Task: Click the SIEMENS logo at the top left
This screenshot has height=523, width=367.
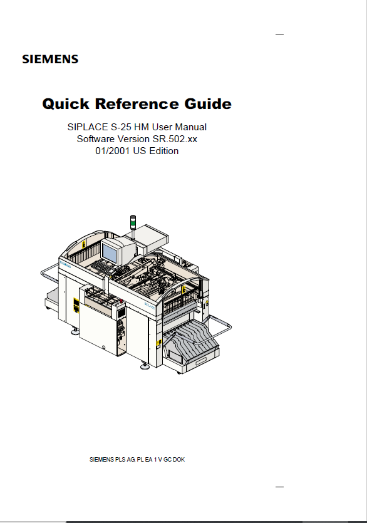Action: click(50, 60)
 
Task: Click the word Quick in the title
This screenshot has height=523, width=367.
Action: click(66, 104)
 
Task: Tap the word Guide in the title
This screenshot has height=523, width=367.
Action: click(208, 103)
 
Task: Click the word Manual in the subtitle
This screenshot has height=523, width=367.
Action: click(190, 127)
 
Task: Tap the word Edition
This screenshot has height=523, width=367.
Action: click(164, 151)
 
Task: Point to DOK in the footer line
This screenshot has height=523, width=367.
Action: click(179, 460)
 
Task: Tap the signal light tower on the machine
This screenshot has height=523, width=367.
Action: click(133, 222)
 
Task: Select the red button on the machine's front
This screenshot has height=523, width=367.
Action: click(121, 302)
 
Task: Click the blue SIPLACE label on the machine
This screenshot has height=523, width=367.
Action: click(150, 306)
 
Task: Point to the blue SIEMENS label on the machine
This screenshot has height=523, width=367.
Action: click(65, 264)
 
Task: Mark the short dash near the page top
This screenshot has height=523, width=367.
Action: click(279, 34)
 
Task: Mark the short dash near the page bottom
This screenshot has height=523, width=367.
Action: click(279, 487)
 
